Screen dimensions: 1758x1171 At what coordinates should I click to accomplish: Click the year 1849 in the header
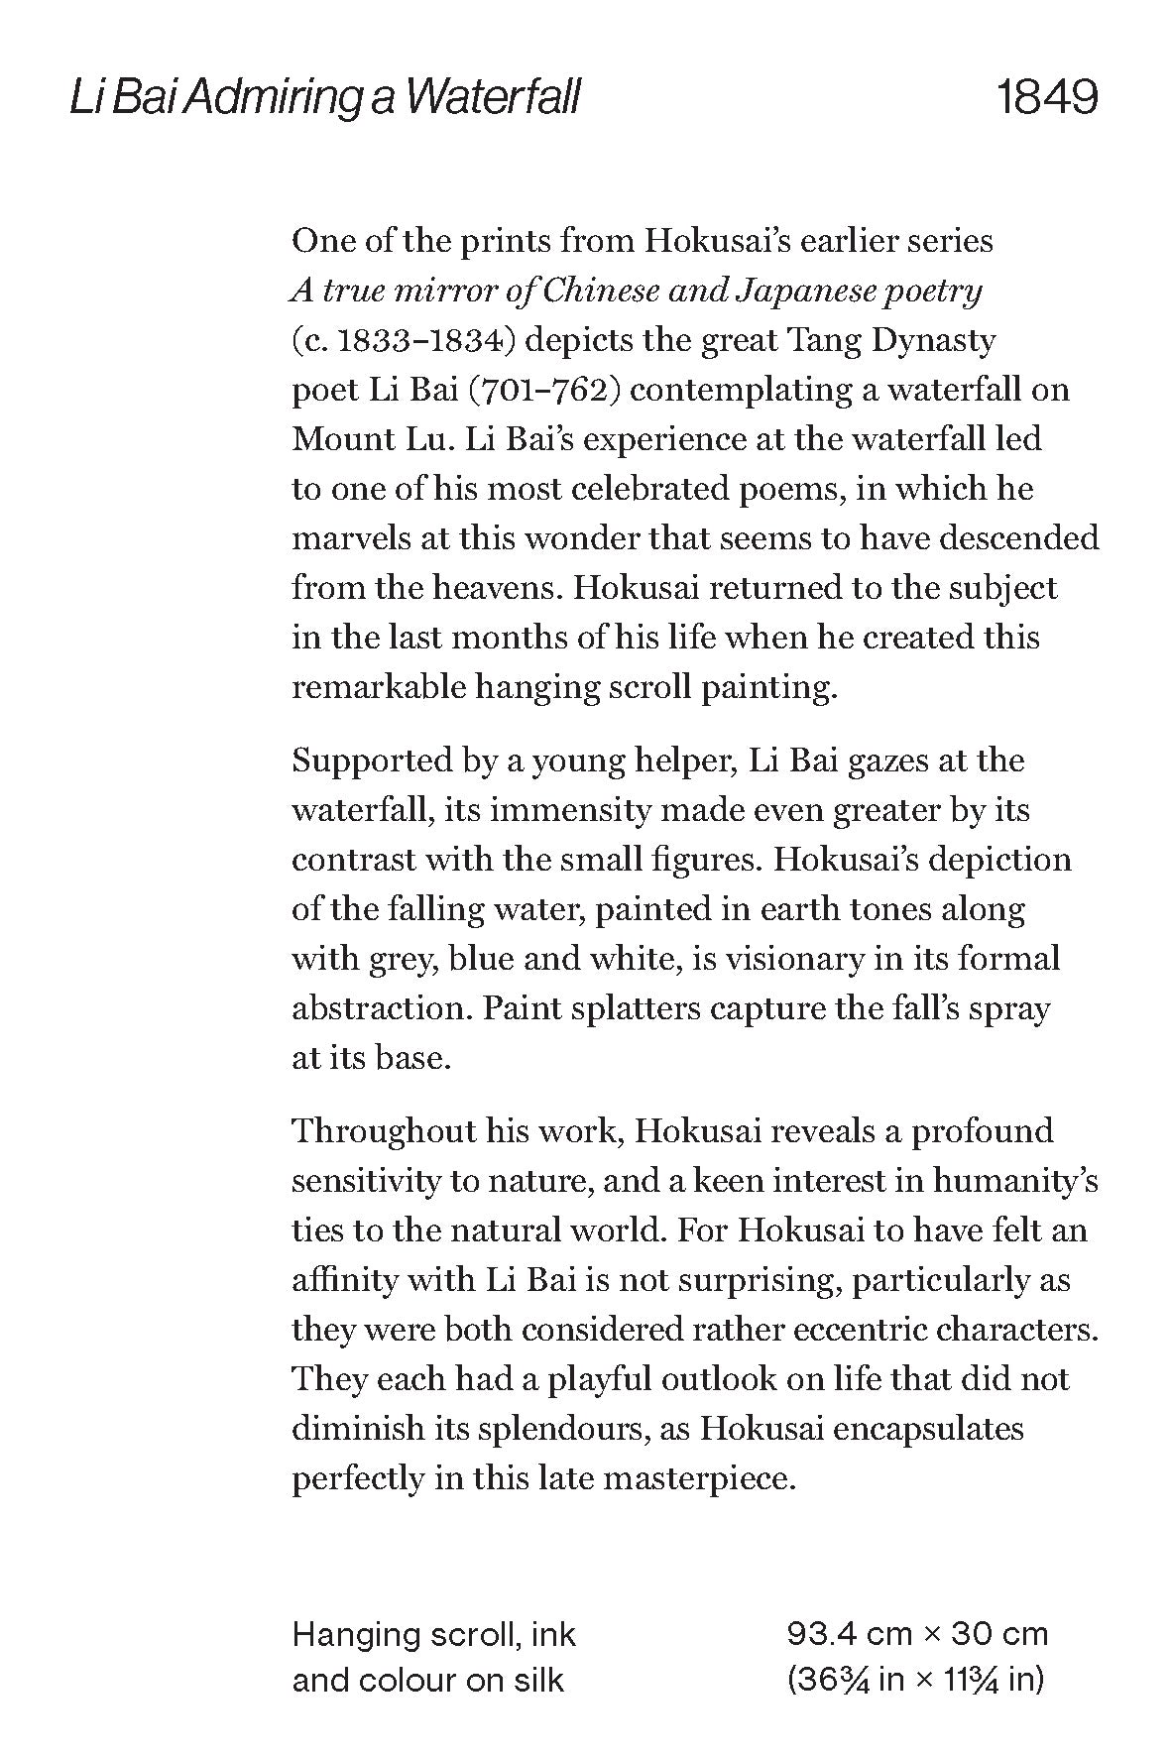coord(1047,98)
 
